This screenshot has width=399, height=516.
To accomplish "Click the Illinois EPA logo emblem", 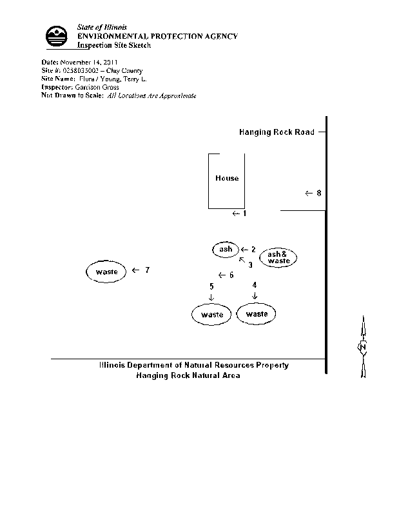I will [x=57, y=36].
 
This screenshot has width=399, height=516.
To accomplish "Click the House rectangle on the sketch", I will [x=226, y=181].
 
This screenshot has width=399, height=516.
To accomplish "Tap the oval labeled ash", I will [x=226, y=249].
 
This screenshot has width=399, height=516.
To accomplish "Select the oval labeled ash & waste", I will [x=278, y=257].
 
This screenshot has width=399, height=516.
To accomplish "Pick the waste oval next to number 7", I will [x=106, y=272].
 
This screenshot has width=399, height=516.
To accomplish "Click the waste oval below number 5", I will [x=212, y=315].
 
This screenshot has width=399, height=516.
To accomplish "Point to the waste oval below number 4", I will [x=257, y=314].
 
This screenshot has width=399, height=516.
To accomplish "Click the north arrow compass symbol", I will [x=363, y=347].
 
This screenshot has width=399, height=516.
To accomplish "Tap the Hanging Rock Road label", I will [x=277, y=132].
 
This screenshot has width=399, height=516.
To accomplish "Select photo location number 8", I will [x=318, y=193].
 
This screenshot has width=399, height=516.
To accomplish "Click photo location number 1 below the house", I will [x=244, y=213].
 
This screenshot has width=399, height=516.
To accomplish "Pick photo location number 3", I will [x=250, y=264].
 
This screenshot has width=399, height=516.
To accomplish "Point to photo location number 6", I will [x=231, y=275].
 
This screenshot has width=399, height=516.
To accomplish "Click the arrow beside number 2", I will [x=245, y=249].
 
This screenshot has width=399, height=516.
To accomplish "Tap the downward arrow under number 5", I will [x=211, y=296].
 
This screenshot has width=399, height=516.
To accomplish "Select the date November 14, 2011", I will [x=88, y=63].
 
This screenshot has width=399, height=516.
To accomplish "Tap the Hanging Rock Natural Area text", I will [x=188, y=375].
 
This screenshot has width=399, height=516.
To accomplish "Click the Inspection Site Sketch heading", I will [x=113, y=45].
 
